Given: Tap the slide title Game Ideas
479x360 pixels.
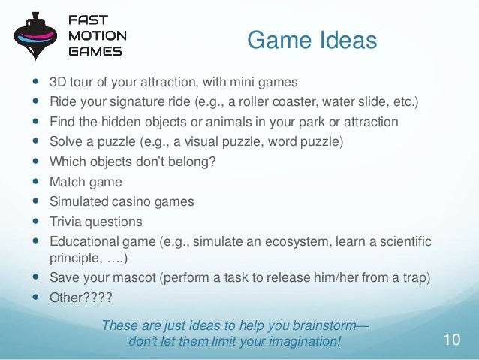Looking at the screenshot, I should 312,41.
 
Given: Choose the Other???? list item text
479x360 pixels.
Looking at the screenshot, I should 80,298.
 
